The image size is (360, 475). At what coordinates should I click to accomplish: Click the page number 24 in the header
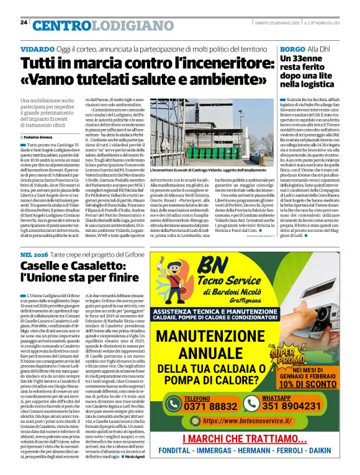click(24, 22)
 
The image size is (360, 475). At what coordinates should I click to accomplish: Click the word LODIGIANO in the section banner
click(135, 25)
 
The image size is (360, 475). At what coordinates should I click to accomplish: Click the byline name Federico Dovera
click(40, 136)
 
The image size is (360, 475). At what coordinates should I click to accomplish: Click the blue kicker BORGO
click(292, 48)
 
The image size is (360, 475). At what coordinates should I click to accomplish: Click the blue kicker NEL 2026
click(35, 254)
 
